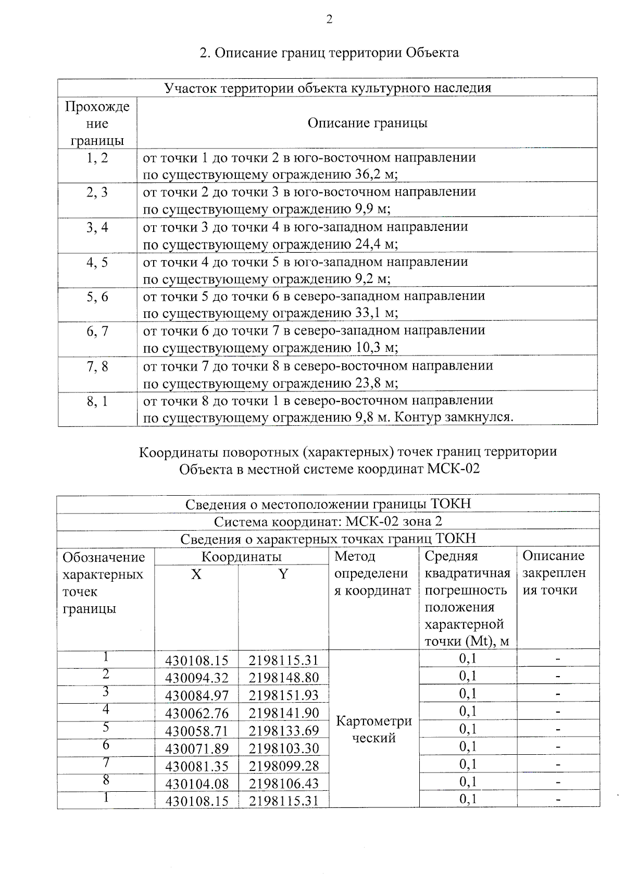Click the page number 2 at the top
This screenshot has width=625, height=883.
(x=329, y=20)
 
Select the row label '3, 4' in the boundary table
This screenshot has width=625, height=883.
(x=97, y=227)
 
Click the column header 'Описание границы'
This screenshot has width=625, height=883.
(x=367, y=123)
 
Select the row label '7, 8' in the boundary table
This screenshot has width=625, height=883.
(x=97, y=366)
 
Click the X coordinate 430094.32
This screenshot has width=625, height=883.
(x=197, y=678)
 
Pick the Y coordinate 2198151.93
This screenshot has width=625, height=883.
(x=283, y=695)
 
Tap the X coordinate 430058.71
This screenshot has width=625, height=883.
(x=197, y=731)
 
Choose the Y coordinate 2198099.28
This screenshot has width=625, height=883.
(x=283, y=766)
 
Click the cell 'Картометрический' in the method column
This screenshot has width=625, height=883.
(x=374, y=729)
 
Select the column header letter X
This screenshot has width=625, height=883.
(x=196, y=574)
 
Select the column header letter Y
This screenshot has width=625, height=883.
(x=283, y=574)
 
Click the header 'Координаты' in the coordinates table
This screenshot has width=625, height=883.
(x=241, y=557)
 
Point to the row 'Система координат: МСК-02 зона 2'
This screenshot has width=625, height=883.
(x=328, y=522)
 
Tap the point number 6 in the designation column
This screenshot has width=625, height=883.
(x=106, y=745)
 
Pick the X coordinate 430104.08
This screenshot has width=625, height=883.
(x=197, y=783)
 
